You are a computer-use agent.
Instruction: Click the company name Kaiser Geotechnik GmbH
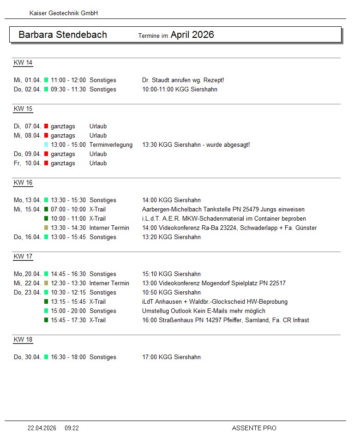pyautogui.click(x=63, y=13)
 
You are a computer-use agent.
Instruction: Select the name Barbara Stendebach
pyautogui.click(x=63, y=35)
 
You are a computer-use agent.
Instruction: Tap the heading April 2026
pyautogui.click(x=192, y=35)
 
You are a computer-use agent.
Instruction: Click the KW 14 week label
pyautogui.click(x=23, y=63)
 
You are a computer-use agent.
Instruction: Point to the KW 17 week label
pyautogui.click(x=23, y=257)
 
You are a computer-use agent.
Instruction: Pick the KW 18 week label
pyautogui.click(x=23, y=340)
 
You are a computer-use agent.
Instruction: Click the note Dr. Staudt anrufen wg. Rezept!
pyautogui.click(x=183, y=80)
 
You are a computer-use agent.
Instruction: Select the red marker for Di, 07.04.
pyautogui.click(x=46, y=126)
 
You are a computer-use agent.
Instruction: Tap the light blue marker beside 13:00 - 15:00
pyautogui.click(x=46, y=145)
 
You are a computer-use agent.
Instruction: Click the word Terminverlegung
pyautogui.click(x=111, y=145)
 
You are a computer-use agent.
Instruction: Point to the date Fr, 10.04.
pyautogui.click(x=28, y=163)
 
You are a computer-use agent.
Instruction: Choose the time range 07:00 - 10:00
pyautogui.click(x=68, y=210)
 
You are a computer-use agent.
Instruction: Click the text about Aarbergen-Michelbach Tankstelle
pyautogui.click(x=216, y=210)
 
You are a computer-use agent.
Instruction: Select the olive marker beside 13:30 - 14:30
pyautogui.click(x=46, y=228)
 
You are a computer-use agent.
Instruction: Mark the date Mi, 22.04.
pyautogui.click(x=28, y=283)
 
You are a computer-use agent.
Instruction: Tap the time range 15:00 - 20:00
pyautogui.click(x=68, y=311)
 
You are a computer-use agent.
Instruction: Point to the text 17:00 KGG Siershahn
pyautogui.click(x=171, y=357)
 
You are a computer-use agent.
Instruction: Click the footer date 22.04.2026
pyautogui.click(x=42, y=428)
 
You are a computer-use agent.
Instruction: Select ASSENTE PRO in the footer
pyautogui.click(x=254, y=428)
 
